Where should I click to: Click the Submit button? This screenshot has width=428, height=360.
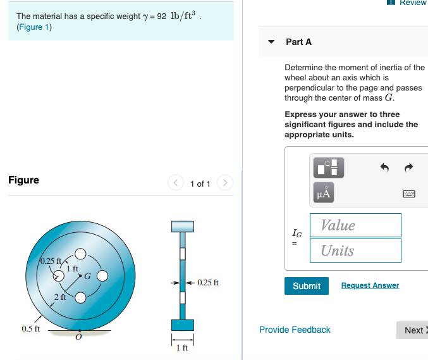click(x=307, y=286)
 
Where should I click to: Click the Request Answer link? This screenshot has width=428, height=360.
click(x=370, y=285)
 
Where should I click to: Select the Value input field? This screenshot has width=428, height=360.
click(x=356, y=225)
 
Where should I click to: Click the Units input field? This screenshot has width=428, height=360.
click(x=356, y=251)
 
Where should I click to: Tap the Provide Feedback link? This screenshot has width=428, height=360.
click(x=295, y=330)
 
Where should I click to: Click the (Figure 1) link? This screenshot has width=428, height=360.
click(x=34, y=27)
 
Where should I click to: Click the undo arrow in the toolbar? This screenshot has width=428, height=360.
click(x=384, y=168)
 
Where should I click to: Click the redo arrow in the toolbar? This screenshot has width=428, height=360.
click(x=408, y=168)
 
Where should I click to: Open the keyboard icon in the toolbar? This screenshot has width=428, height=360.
click(x=408, y=194)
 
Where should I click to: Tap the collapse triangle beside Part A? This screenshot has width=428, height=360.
click(x=271, y=42)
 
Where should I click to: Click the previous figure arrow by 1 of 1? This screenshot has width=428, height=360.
click(x=176, y=183)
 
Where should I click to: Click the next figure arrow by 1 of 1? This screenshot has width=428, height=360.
click(x=224, y=183)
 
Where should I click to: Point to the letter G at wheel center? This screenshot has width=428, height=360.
click(x=87, y=276)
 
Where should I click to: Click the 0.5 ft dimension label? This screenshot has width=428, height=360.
click(x=30, y=329)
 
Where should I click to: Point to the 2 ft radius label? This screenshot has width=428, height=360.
click(x=60, y=297)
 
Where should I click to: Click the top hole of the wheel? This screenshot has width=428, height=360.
click(x=80, y=254)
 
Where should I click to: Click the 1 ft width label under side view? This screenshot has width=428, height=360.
click(x=182, y=348)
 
